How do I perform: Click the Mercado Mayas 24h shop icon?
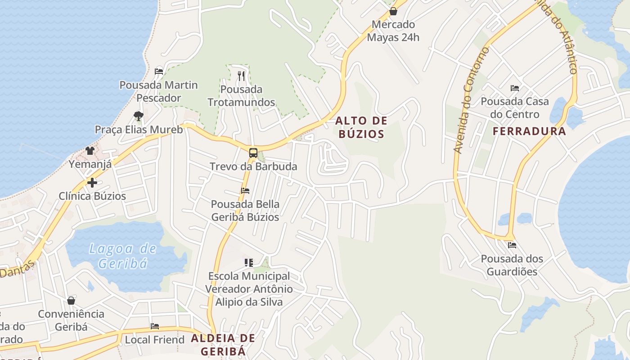(393, 11)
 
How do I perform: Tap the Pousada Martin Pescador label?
(158, 91)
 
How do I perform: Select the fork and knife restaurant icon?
(241, 76)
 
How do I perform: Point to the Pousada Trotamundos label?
(241, 96)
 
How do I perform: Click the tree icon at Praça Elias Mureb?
(139, 116)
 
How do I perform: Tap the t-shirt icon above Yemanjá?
(90, 151)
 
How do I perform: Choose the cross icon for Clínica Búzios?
(92, 183)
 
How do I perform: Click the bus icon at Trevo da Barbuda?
(253, 153)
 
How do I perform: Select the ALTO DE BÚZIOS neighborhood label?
(361, 127)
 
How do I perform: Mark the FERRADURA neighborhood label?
(529, 131)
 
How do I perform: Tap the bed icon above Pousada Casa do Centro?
(515, 88)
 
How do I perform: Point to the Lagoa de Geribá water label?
(122, 256)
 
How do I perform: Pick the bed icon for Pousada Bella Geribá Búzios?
(245, 191)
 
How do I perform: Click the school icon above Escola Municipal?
(248, 262)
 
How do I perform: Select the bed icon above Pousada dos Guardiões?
(512, 245)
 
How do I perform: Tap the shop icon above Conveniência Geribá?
(71, 301)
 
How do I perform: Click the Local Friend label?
(155, 340)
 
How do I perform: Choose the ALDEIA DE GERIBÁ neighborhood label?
(223, 344)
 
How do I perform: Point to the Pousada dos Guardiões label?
(512, 265)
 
